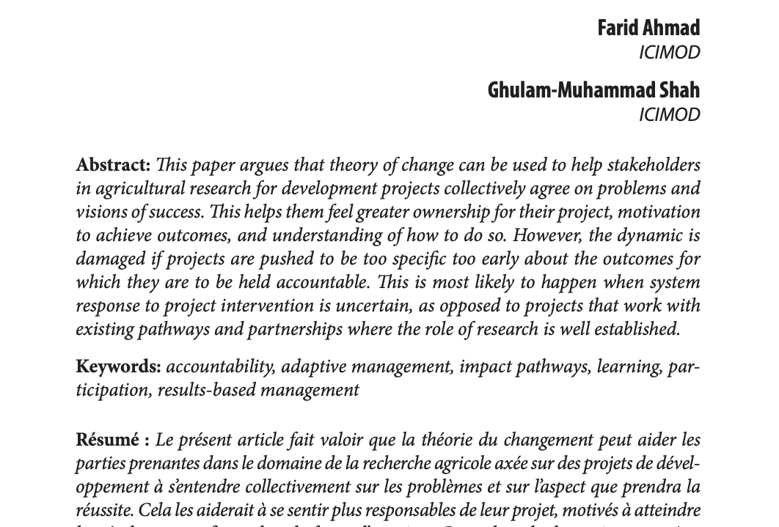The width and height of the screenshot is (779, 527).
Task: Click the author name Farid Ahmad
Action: (648, 28)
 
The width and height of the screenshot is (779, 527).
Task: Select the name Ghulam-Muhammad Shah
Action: (593, 90)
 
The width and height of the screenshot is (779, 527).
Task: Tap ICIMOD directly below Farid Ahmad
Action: (669, 53)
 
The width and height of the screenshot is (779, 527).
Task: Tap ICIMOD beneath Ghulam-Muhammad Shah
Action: (669, 115)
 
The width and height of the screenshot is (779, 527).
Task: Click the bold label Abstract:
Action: (113, 165)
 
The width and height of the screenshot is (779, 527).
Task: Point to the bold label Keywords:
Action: (118, 366)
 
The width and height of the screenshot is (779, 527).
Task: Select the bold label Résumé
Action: (107, 440)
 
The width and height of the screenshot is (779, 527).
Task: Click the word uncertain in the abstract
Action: (373, 306)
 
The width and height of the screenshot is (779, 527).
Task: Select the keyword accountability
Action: (220, 366)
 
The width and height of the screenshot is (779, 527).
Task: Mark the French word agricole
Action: (464, 463)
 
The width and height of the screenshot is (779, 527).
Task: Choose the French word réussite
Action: (103, 510)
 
